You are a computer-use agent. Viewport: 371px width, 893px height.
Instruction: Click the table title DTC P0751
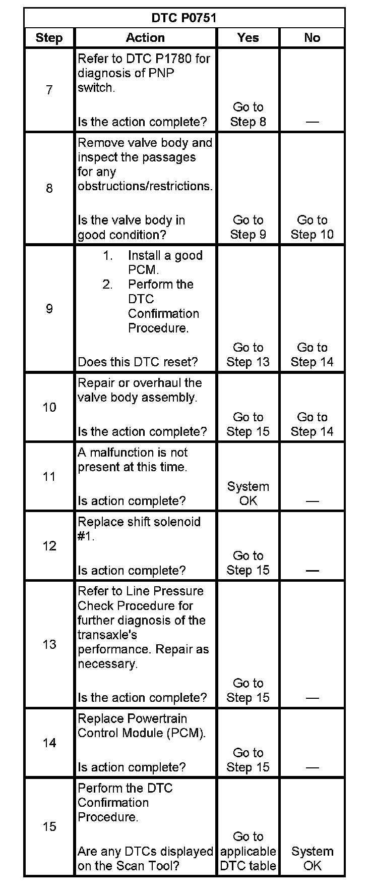click(184, 18)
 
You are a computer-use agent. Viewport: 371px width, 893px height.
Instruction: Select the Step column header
click(49, 38)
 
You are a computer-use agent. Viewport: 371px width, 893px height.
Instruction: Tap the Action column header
click(145, 38)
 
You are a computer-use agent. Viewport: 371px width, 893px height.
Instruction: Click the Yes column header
click(248, 38)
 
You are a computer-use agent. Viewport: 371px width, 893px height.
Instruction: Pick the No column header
click(312, 38)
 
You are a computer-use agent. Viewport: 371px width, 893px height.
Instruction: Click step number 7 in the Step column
click(49, 90)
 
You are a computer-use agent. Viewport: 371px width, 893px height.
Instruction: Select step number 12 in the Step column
click(49, 546)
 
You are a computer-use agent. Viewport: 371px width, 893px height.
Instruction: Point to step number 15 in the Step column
click(49, 826)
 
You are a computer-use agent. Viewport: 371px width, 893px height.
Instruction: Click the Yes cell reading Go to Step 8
click(248, 115)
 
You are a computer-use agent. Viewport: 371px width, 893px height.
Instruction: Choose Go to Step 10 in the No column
click(312, 227)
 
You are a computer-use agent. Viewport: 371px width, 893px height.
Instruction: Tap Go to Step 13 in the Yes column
click(248, 355)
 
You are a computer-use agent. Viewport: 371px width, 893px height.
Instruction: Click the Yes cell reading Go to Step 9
click(248, 227)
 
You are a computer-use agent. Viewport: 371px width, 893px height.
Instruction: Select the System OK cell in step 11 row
click(248, 493)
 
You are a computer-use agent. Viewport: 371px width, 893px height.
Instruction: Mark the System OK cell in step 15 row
click(312, 858)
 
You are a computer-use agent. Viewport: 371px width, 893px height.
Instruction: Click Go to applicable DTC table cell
click(248, 851)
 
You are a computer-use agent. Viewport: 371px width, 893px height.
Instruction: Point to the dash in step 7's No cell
click(312, 122)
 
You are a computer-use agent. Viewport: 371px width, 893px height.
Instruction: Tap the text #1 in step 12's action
click(86, 536)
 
